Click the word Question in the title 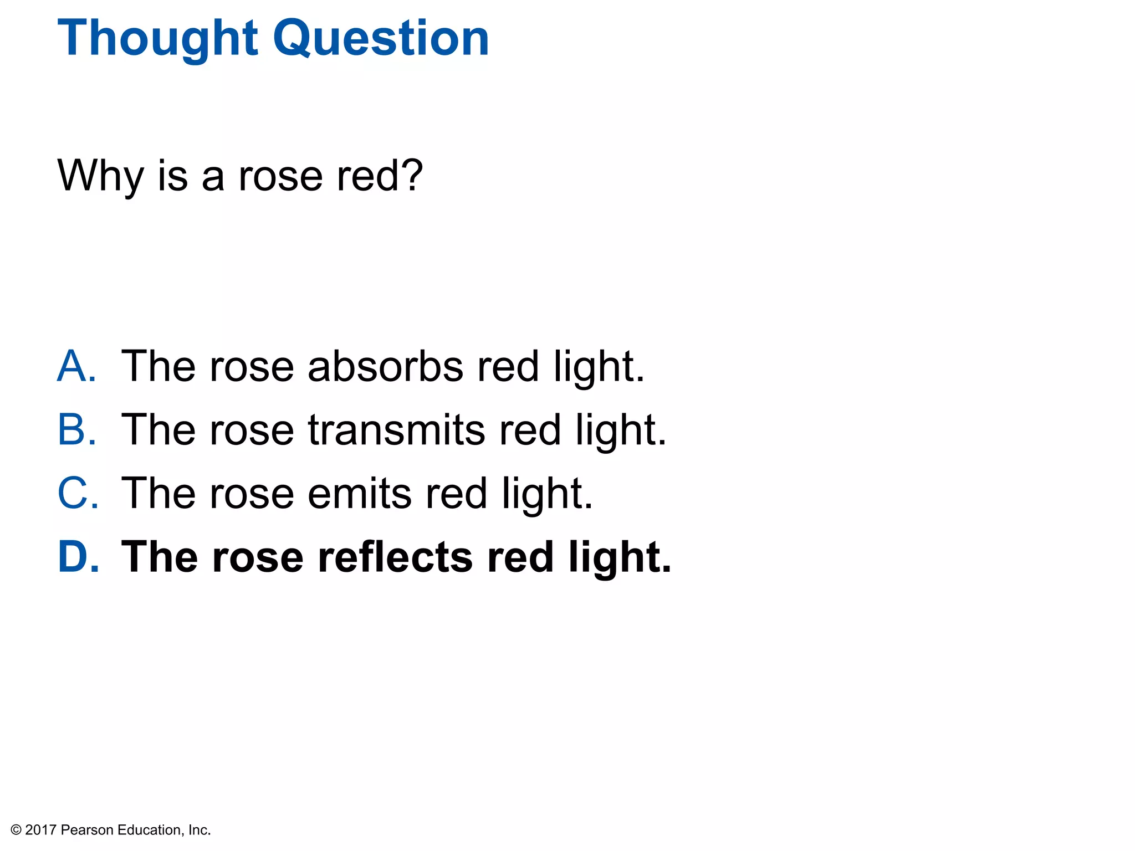pyautogui.click(x=381, y=39)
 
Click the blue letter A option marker pyautogui.click(x=76, y=366)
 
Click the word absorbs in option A pyautogui.click(x=385, y=366)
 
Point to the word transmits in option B pyautogui.click(x=396, y=430)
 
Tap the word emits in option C pyautogui.click(x=359, y=493)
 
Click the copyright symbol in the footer pyautogui.click(x=16, y=830)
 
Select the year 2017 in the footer pyautogui.click(x=41, y=830)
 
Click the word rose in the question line pyautogui.click(x=280, y=177)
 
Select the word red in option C pyautogui.click(x=456, y=493)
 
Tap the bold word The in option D pyautogui.click(x=160, y=557)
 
